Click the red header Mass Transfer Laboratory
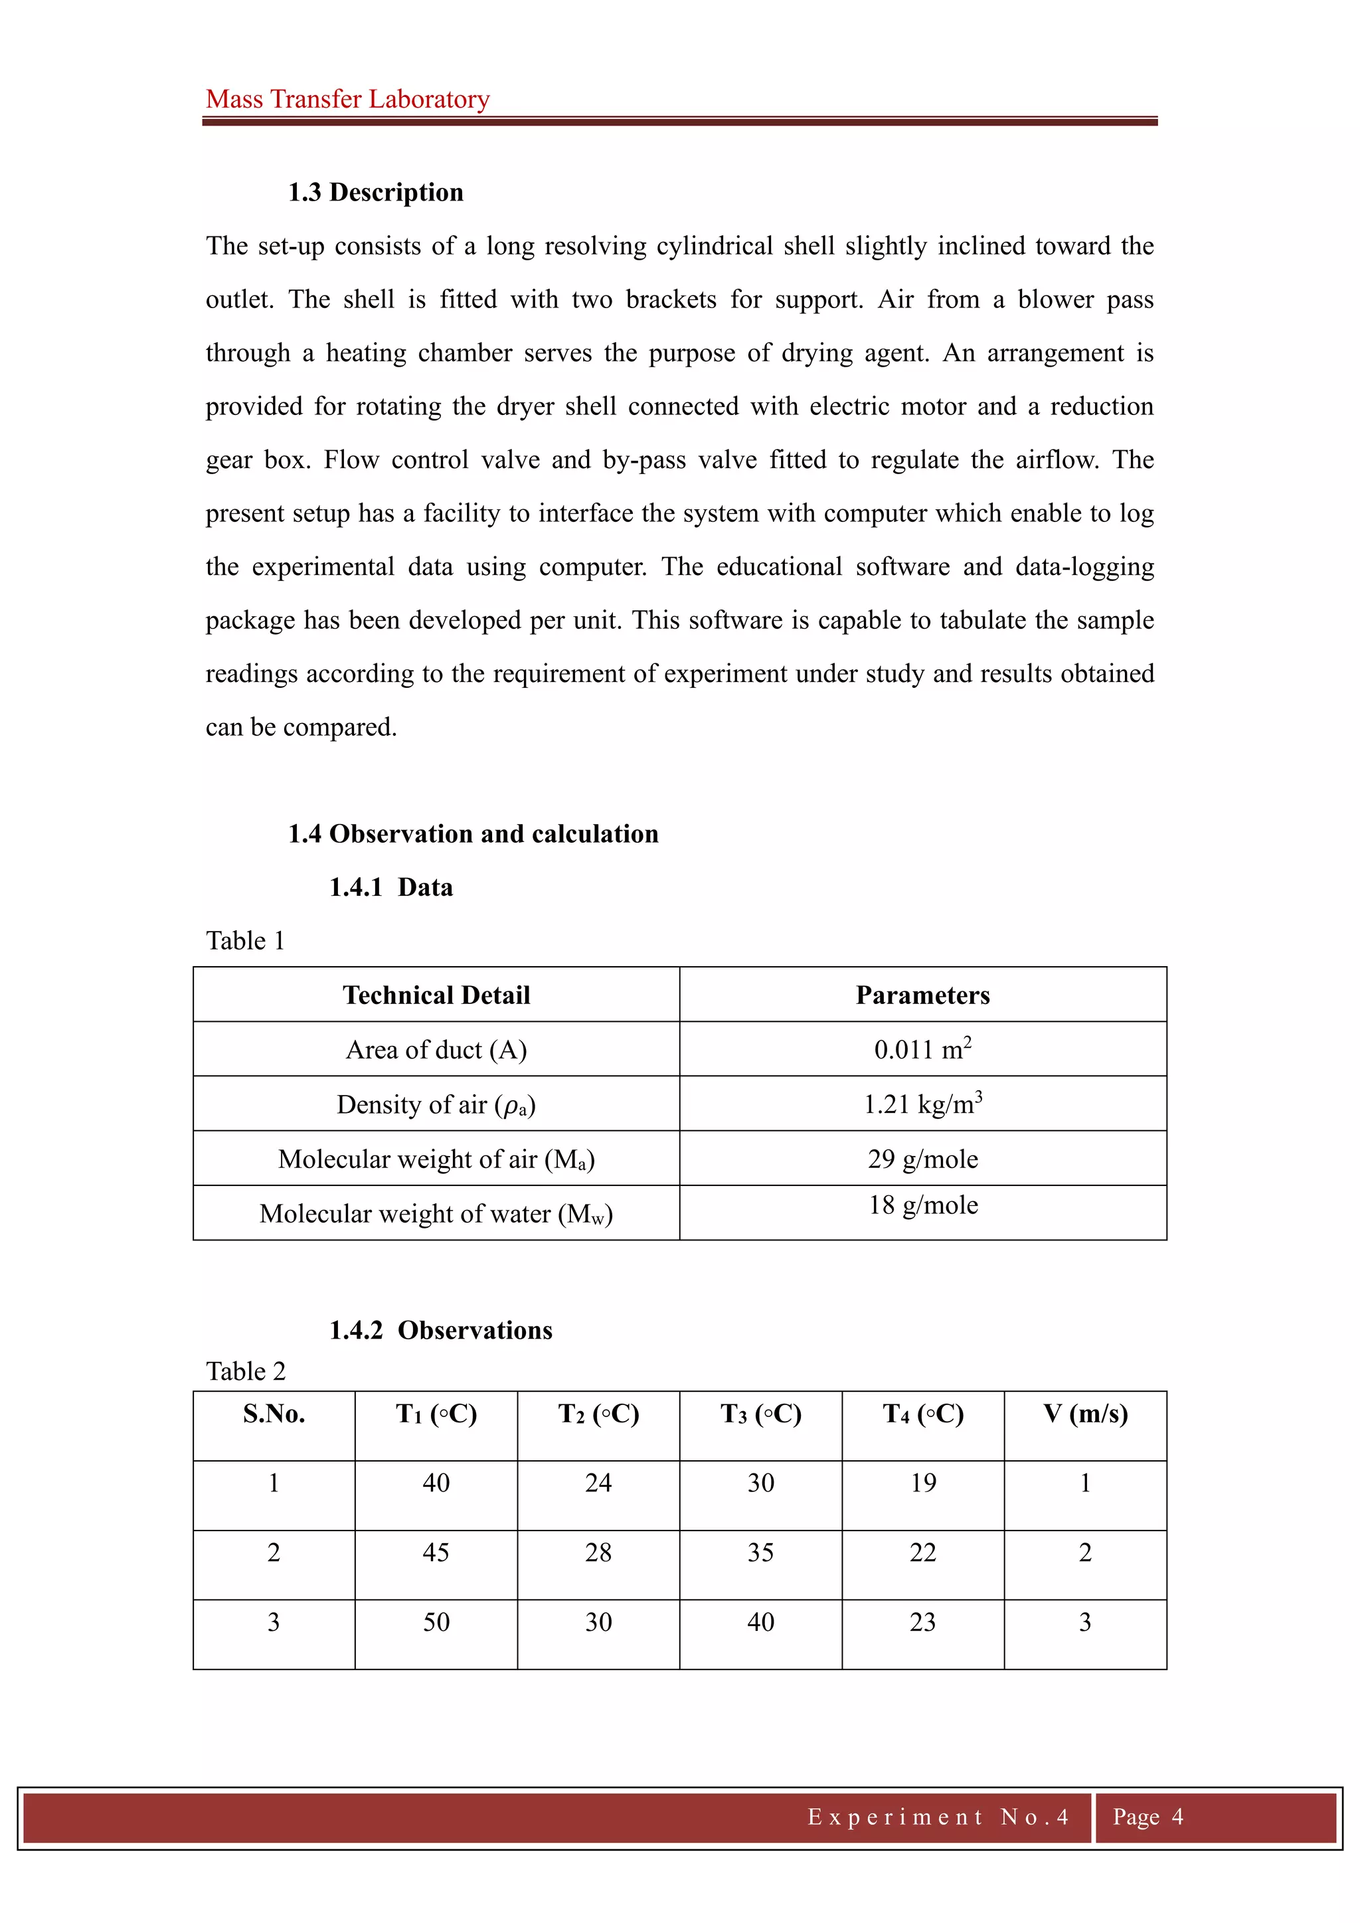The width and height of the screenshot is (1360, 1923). click(x=347, y=99)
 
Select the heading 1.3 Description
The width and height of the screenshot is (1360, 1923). click(x=375, y=192)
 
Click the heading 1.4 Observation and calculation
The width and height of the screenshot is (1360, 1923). click(x=473, y=833)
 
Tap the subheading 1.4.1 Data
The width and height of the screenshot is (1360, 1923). click(x=390, y=887)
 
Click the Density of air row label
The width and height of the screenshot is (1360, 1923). click(x=436, y=1105)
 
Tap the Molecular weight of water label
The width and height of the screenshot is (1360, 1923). click(x=436, y=1214)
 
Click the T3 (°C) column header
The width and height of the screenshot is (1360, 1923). click(x=760, y=1414)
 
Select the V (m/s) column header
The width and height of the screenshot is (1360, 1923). click(x=1085, y=1414)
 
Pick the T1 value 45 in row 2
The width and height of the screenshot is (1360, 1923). click(x=436, y=1552)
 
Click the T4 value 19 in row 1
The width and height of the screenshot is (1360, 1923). click(x=923, y=1483)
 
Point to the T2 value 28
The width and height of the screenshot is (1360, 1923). click(x=598, y=1552)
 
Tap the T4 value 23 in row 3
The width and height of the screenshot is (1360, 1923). click(x=923, y=1622)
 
